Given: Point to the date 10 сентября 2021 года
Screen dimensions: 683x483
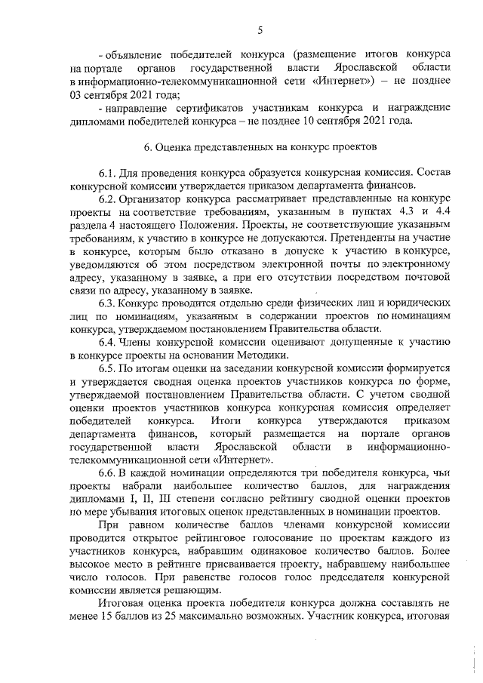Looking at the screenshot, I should pyautogui.click(x=369, y=120).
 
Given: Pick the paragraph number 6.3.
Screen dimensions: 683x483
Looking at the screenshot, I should pyautogui.click(x=109, y=303).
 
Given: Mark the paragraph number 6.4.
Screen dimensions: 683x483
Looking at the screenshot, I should pyautogui.click(x=109, y=342).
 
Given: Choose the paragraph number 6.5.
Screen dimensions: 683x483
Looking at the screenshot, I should pyautogui.click(x=109, y=368).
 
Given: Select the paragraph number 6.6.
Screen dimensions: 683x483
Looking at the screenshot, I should pyautogui.click(x=109, y=472).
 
